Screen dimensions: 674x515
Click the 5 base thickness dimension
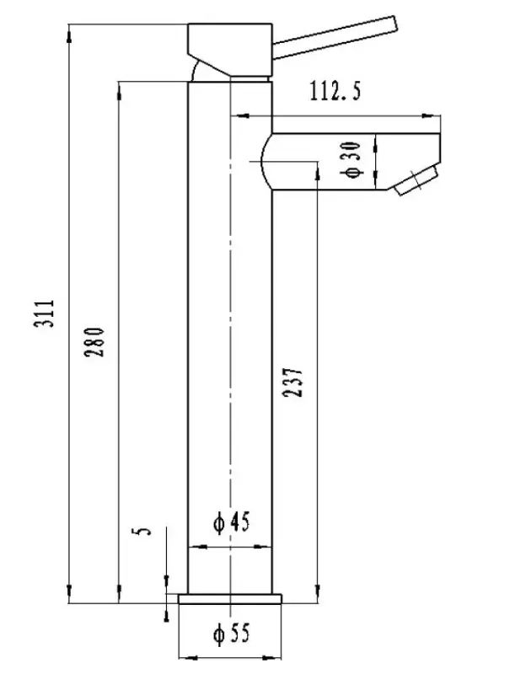coord(143,532)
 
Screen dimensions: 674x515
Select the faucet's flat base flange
coord(232,599)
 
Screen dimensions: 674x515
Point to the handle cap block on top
coord(228,46)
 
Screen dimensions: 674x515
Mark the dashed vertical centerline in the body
coord(230,337)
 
